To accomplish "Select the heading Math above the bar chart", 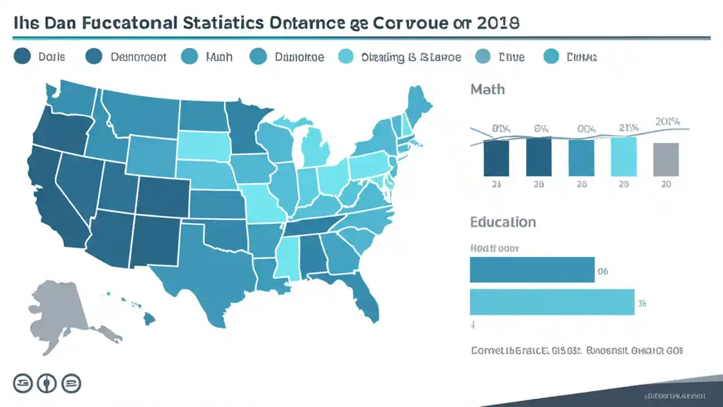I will click(487, 89).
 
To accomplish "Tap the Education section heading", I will click(503, 222).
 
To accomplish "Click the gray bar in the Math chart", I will click(666, 159).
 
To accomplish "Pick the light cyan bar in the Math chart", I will click(624, 157).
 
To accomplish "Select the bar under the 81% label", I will click(496, 158).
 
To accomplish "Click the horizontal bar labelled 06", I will click(532, 270).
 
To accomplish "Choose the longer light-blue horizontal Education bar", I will click(552, 302).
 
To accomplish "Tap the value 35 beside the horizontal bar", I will click(642, 304).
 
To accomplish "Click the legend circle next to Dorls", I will click(22, 57).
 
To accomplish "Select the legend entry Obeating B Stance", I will click(411, 57).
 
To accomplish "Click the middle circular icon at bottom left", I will click(46, 384).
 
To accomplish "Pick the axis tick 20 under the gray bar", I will click(666, 184).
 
